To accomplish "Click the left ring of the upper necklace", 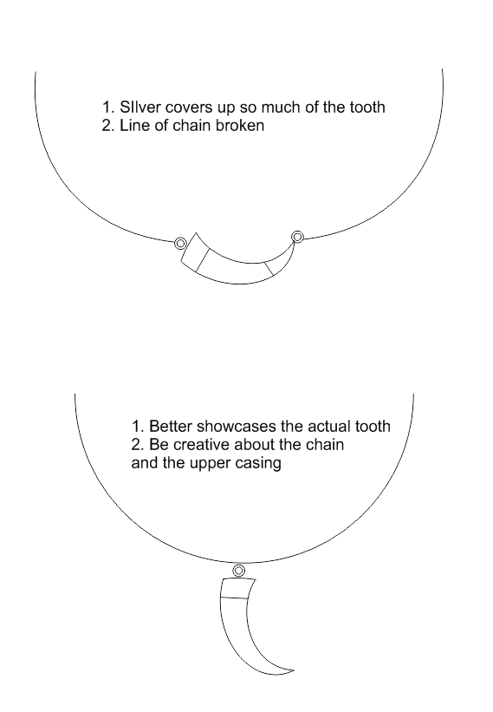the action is (x=180, y=244).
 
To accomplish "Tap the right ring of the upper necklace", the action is (x=297, y=237).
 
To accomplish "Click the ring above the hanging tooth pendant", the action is (x=239, y=571).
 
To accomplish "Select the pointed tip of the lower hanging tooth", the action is (x=294, y=670).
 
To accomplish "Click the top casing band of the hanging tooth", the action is (x=236, y=589).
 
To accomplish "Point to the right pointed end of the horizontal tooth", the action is (x=295, y=242).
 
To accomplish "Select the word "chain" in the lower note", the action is (x=325, y=444).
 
